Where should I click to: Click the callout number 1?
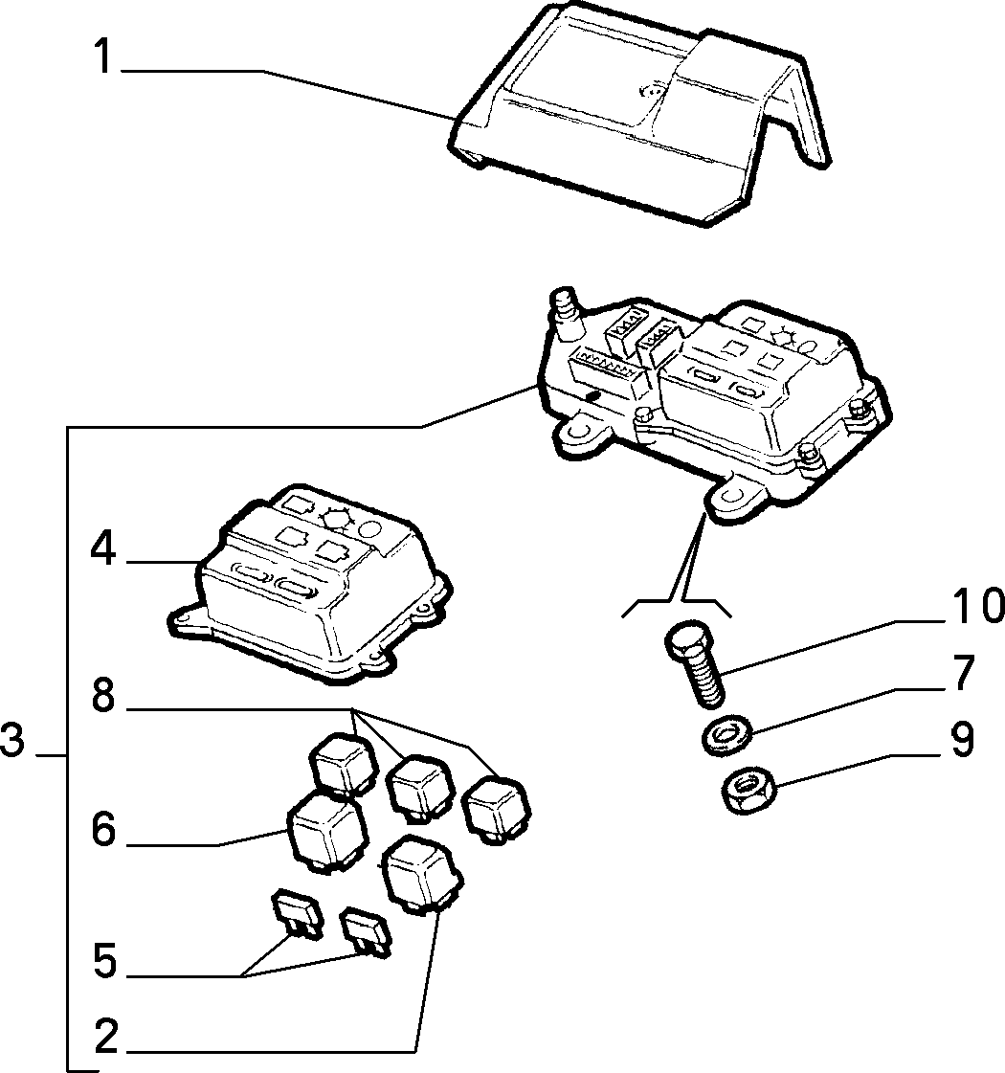(103, 56)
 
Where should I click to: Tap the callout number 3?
(12, 740)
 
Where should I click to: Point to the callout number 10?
(972, 605)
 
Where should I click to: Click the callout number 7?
(963, 673)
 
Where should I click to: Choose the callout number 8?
(103, 696)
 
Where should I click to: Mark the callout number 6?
(104, 829)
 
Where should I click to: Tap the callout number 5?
(104, 961)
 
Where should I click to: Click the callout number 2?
(105, 1036)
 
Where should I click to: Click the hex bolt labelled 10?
(695, 661)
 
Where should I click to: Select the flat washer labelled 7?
(726, 733)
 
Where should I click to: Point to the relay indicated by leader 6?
(327, 833)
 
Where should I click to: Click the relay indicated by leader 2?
(423, 874)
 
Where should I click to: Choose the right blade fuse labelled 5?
(366, 930)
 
